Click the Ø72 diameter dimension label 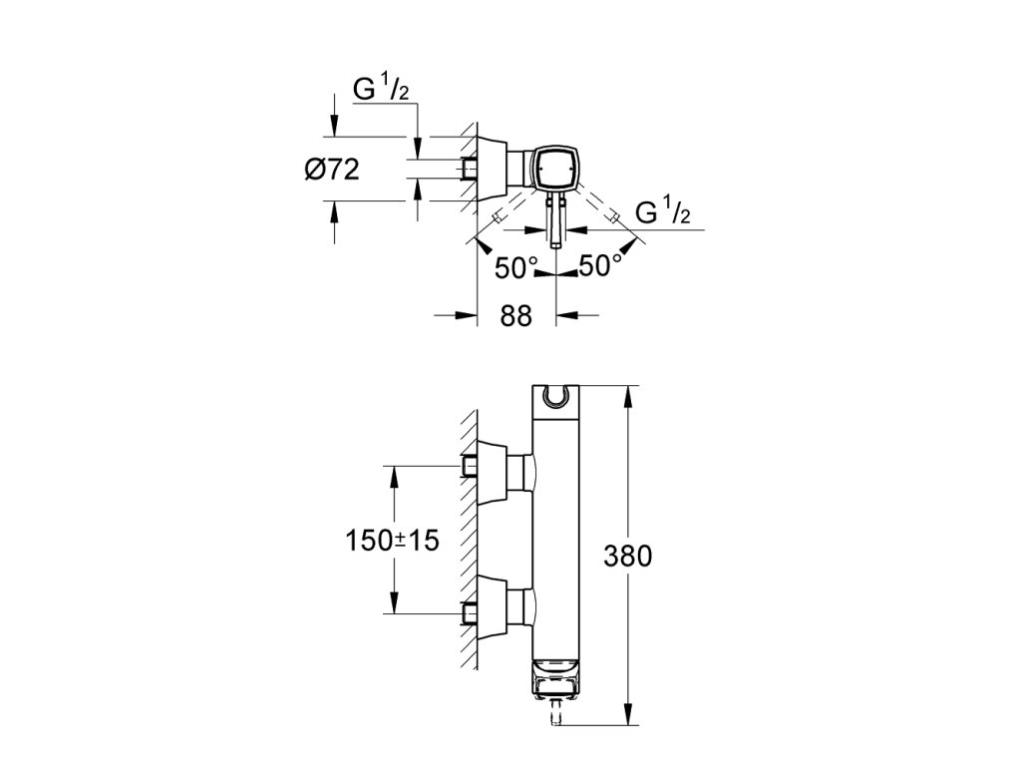(x=332, y=170)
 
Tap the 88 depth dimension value (x=515, y=316)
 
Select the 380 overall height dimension (x=627, y=557)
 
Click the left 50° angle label (x=516, y=267)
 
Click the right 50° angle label (x=599, y=265)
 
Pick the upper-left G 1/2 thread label (x=381, y=88)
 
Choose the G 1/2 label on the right (x=662, y=211)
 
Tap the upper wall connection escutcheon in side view (x=494, y=473)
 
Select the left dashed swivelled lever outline (x=515, y=205)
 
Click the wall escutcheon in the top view (x=493, y=170)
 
